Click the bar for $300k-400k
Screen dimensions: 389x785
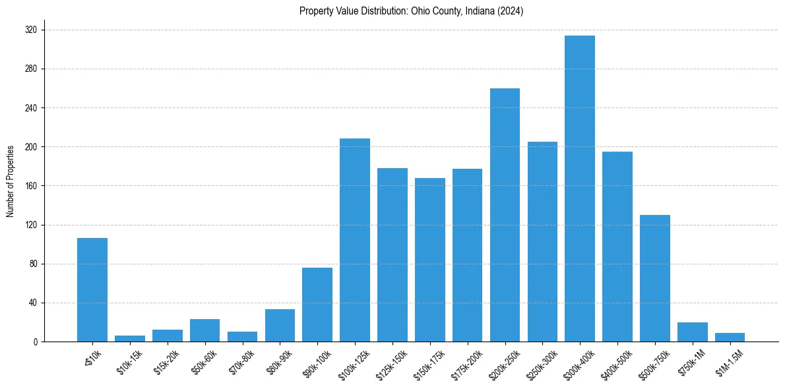[x=580, y=189]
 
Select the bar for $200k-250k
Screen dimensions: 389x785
[x=505, y=215]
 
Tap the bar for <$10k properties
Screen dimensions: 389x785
[x=92, y=290]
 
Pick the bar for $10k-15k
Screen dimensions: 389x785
[x=130, y=339]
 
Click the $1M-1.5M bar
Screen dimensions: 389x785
[x=730, y=338]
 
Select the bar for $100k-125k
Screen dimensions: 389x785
[x=355, y=240]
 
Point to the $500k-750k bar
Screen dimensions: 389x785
[x=655, y=278]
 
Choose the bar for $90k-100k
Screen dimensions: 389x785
[x=317, y=305]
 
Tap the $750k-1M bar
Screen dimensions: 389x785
[x=692, y=332]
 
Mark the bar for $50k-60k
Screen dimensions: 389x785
[x=204, y=330]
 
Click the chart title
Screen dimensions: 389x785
[x=411, y=11]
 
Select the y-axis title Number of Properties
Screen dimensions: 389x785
[x=11, y=181]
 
